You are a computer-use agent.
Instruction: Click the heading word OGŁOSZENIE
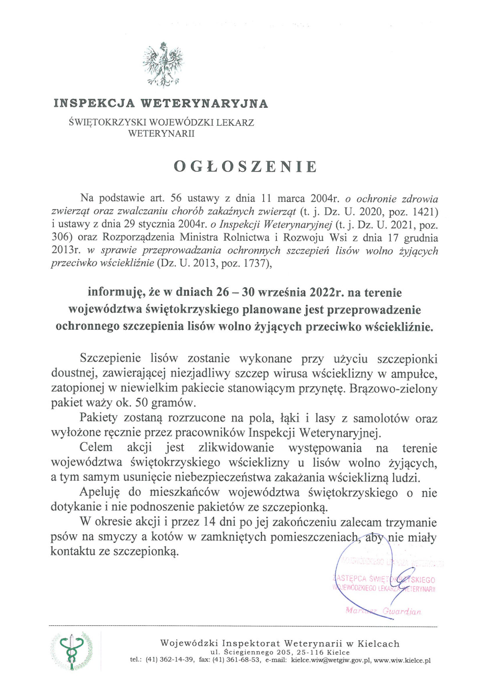tap(245, 166)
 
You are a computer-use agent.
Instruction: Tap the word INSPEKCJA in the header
tap(95, 103)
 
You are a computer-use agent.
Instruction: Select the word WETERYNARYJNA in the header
tap(204, 103)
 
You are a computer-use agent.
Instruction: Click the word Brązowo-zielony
tap(393, 389)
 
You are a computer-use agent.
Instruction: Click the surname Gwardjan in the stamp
tap(402, 612)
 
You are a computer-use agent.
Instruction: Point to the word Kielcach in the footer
tap(378, 644)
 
